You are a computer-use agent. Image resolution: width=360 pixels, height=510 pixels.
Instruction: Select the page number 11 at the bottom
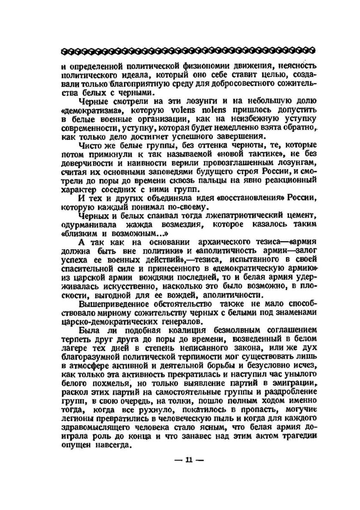tap(189, 460)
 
